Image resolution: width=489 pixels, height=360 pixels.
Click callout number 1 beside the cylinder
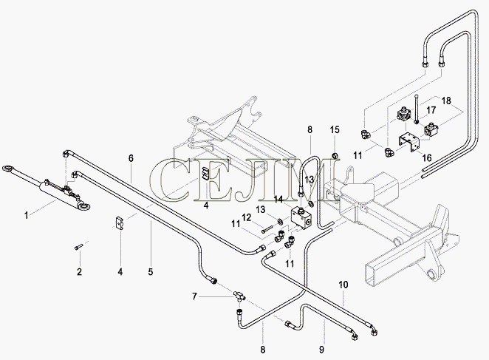point(26,215)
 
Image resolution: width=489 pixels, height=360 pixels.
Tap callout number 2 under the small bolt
point(79,271)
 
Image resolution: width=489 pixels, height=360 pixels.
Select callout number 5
point(151,271)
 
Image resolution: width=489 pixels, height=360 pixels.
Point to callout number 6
point(131,158)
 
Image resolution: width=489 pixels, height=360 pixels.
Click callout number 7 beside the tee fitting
point(194,296)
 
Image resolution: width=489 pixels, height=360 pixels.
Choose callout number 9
point(321,349)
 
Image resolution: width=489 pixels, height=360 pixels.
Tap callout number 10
point(343,285)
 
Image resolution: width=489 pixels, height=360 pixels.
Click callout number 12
point(247,217)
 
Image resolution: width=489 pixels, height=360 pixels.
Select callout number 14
point(278,199)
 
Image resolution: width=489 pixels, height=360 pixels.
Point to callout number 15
point(335,129)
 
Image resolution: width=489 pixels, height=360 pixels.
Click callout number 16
point(427,157)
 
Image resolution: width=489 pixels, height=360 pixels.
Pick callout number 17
point(431,110)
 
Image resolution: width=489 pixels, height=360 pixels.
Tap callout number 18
point(446,101)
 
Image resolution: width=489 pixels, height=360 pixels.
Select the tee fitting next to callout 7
point(239,295)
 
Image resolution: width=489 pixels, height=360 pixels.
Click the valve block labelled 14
point(301,217)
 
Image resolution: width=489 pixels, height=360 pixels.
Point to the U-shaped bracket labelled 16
point(410,143)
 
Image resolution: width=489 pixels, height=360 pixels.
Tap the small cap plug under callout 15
point(335,155)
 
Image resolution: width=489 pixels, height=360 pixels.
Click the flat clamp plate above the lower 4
point(119,223)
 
